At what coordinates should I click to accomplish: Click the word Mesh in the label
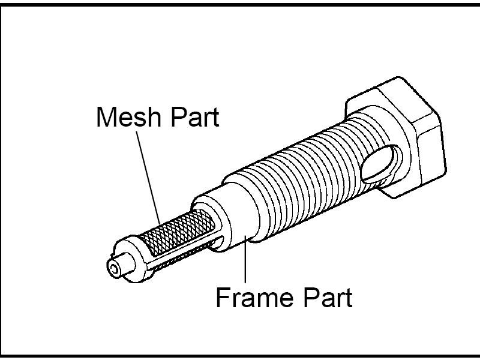point(128,116)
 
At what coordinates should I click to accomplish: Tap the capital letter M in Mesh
point(106,116)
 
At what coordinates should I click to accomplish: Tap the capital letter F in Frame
point(223,297)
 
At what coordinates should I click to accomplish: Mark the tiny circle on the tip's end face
point(114,269)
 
